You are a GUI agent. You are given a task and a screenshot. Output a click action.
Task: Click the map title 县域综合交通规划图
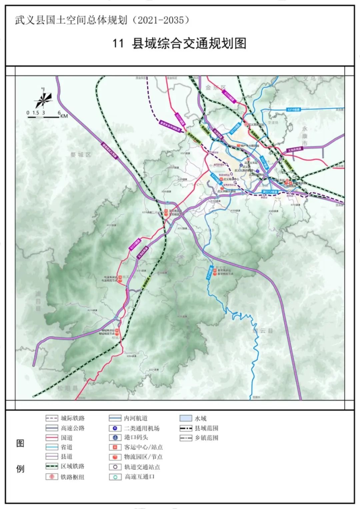pos(189,44)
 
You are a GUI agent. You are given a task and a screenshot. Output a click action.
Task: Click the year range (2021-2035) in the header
pos(161,20)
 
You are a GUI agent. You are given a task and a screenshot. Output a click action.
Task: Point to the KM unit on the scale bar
pos(64,116)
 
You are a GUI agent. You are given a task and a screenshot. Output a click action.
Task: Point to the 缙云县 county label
pos(263,331)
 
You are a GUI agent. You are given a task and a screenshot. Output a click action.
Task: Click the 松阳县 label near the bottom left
pos(67,388)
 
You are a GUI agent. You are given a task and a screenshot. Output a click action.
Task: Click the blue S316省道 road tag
pos(293,110)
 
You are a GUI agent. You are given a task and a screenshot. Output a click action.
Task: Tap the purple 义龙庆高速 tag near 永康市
pos(294,150)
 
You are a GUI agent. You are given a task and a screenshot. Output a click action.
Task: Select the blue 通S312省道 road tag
pos(270,192)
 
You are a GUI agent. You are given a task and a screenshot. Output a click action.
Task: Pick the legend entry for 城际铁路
pos(72,418)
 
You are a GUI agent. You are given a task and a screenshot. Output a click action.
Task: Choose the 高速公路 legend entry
pos(72,428)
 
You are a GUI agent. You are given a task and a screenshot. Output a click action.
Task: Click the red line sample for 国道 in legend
pos(52,438)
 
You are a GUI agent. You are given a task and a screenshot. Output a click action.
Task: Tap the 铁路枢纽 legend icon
pos(52,477)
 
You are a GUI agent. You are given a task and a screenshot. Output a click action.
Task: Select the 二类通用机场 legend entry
pos(142,428)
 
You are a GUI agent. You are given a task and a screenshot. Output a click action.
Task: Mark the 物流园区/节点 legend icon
pos(115,457)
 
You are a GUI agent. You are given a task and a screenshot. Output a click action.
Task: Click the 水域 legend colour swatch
pos(186,418)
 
